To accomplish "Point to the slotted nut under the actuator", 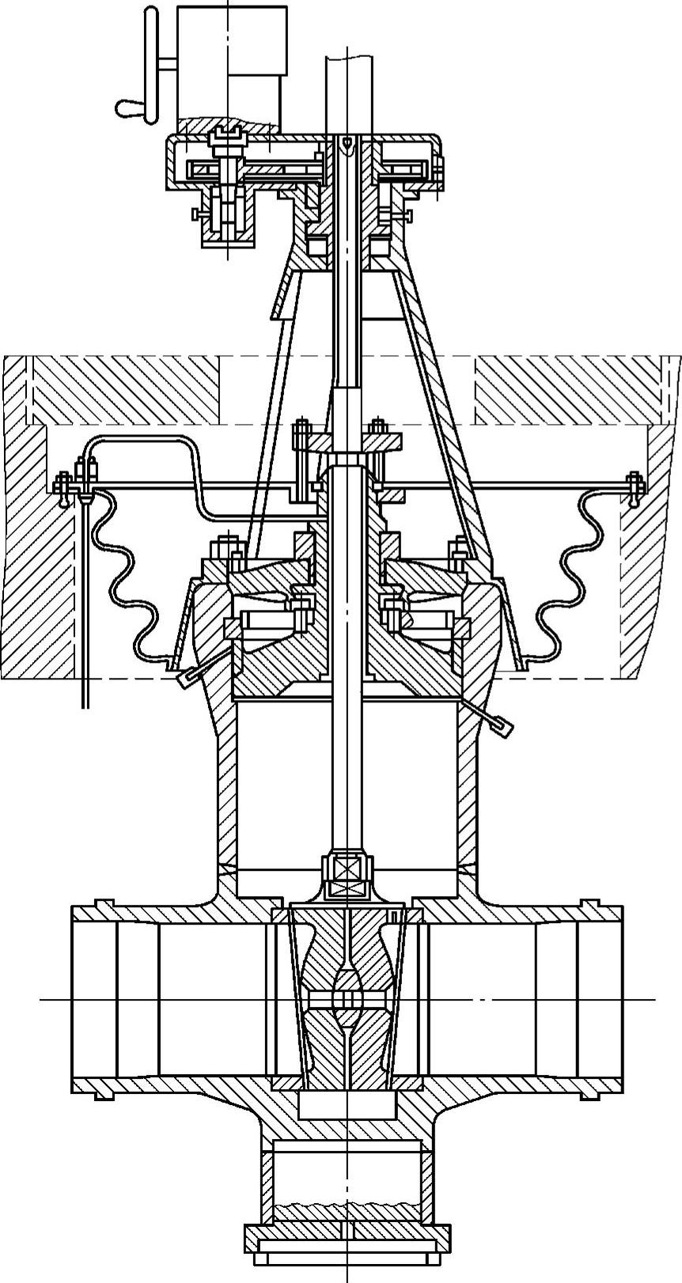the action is coord(225,142).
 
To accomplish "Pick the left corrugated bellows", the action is coord(127,577).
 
